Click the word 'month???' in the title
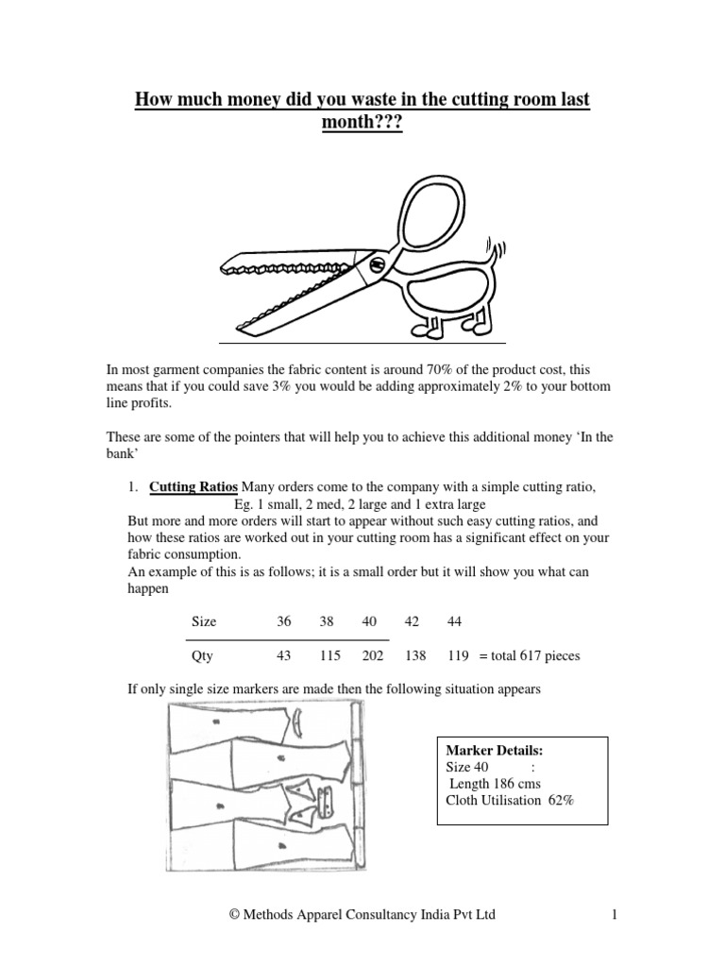tap(362, 124)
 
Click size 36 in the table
tap(284, 621)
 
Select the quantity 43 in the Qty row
tap(284, 655)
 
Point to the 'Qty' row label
tap(203, 655)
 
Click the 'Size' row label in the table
tap(204, 621)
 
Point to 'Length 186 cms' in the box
tap(496, 784)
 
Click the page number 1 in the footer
tap(613, 914)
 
